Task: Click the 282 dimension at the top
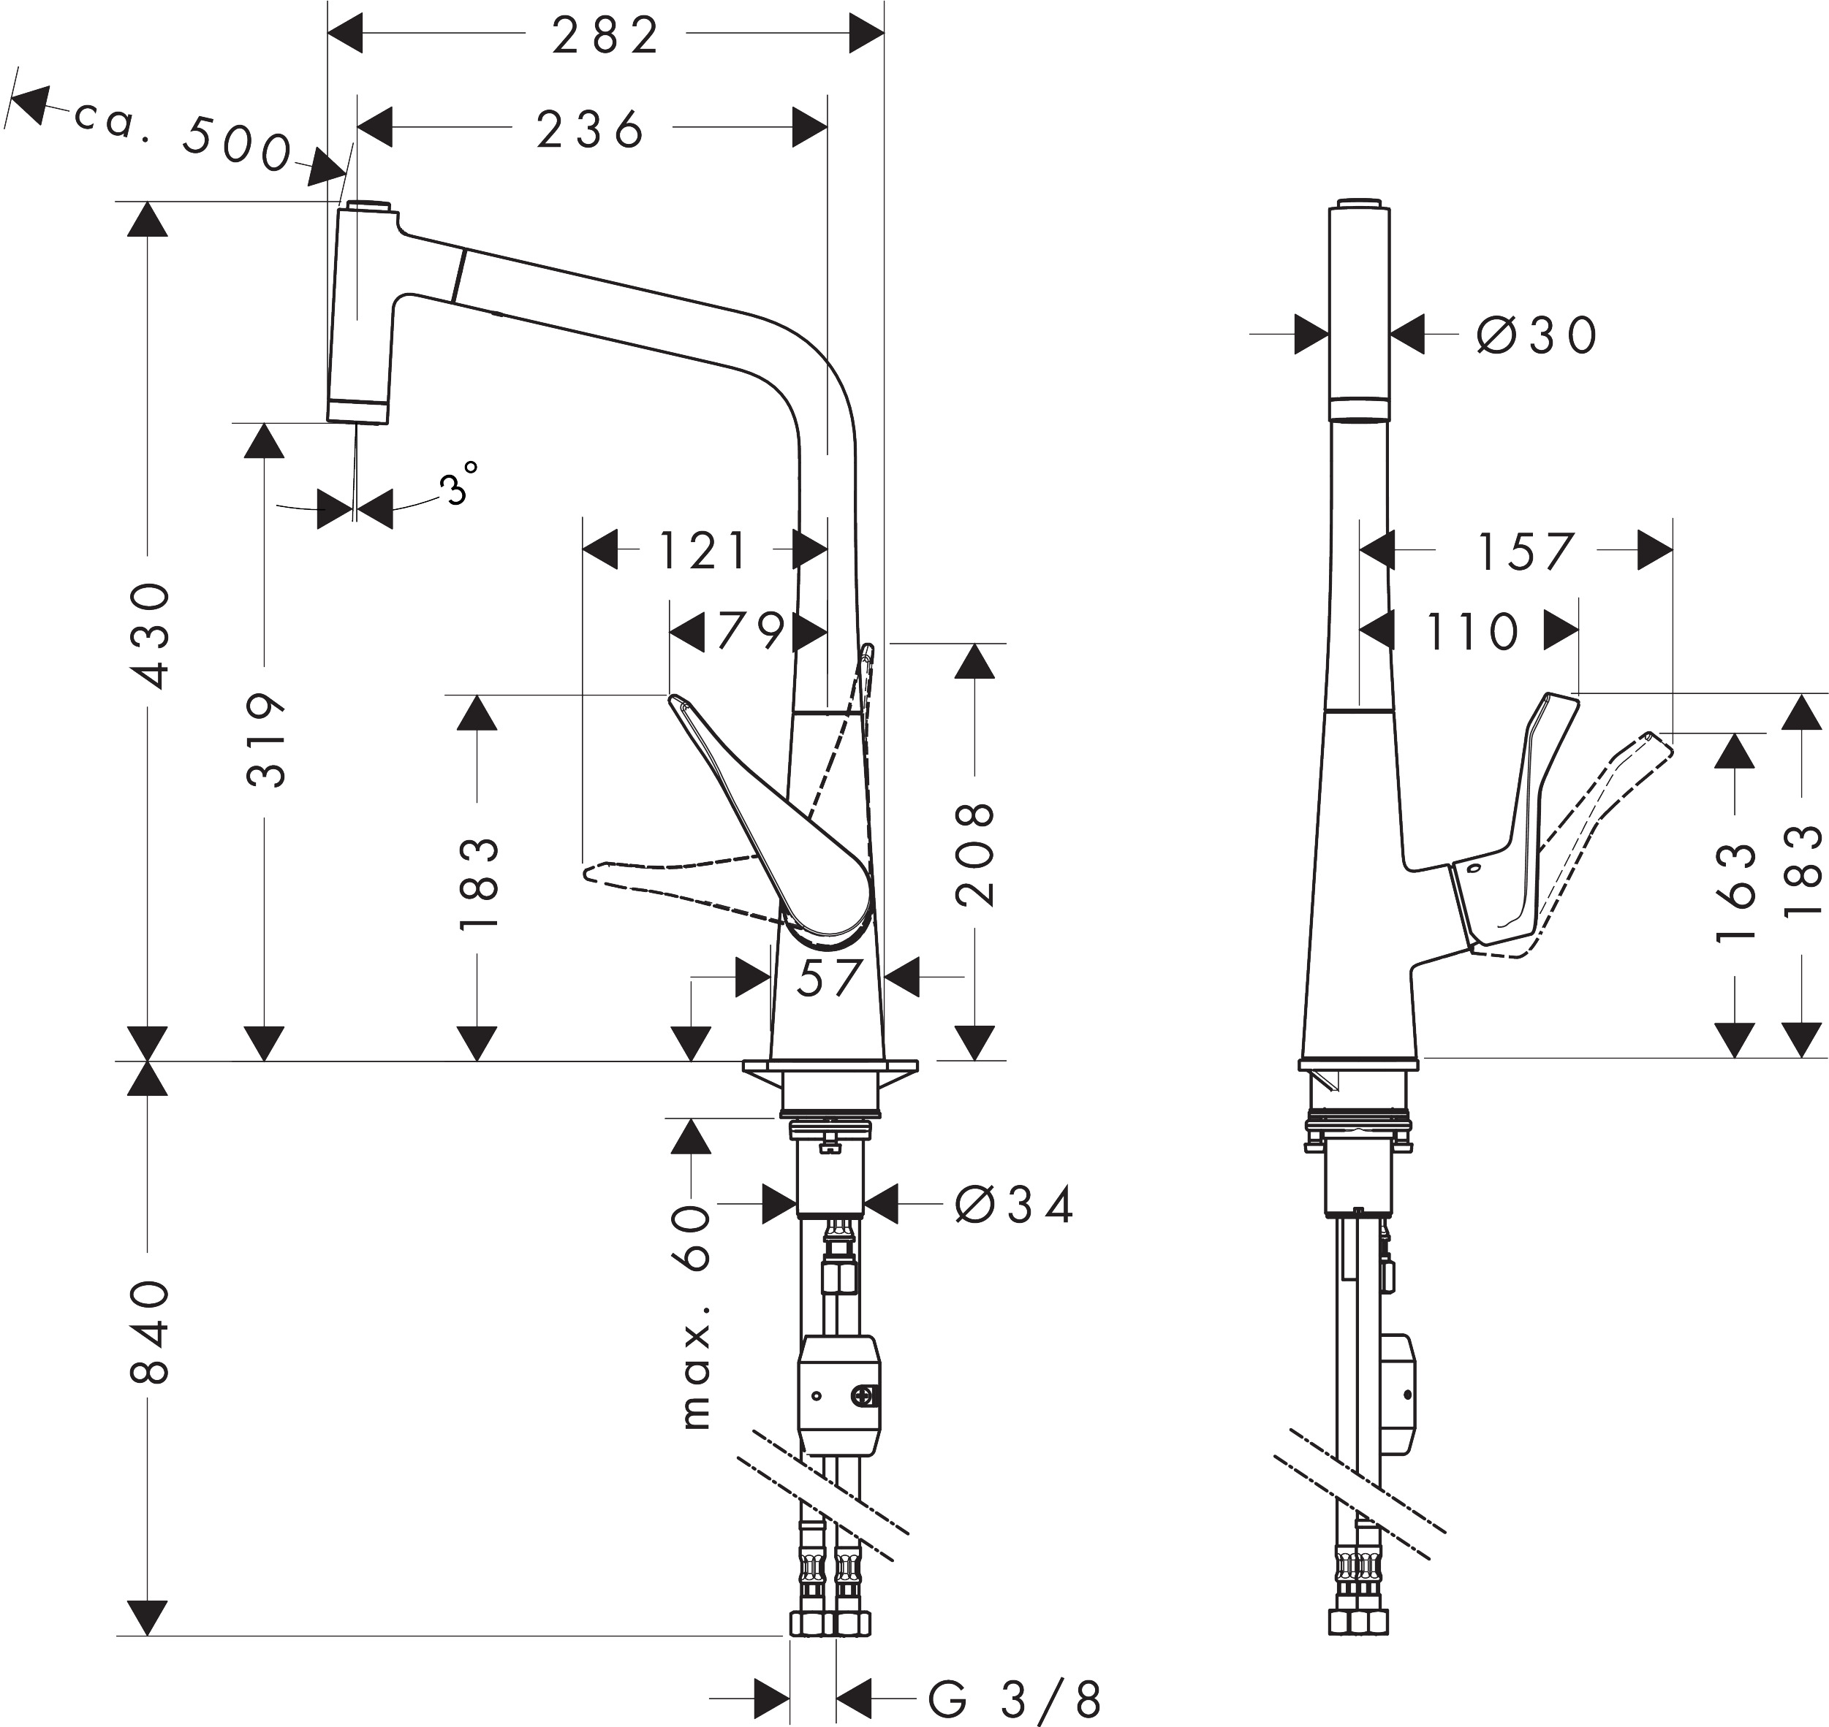(x=605, y=37)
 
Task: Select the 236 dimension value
(x=591, y=130)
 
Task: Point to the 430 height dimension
(x=149, y=635)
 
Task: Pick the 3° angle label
(x=460, y=482)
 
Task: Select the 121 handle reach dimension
(x=703, y=551)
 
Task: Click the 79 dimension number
(x=751, y=631)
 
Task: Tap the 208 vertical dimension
(x=975, y=853)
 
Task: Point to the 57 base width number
(x=829, y=977)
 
